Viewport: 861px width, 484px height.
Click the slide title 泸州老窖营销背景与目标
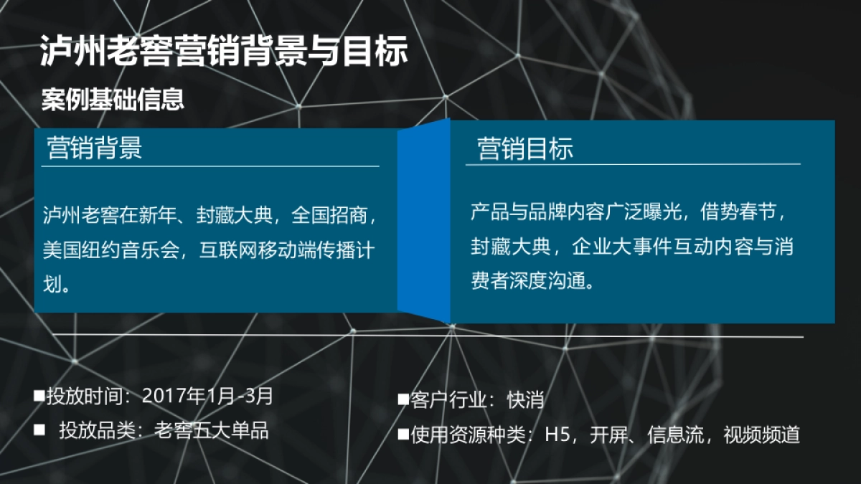tap(224, 52)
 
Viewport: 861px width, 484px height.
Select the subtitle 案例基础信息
tap(113, 100)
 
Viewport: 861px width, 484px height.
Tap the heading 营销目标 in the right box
tap(525, 149)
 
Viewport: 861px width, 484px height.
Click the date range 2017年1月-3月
tap(208, 395)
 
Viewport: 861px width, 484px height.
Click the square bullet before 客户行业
tap(403, 399)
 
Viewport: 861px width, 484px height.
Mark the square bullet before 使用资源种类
tap(403, 435)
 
